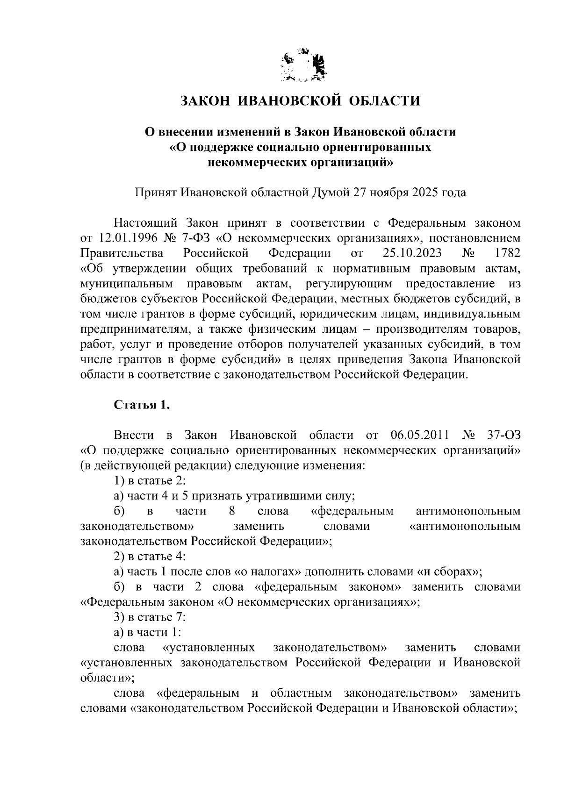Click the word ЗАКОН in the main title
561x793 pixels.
tap(203, 100)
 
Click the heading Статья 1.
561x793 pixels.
tap(142, 405)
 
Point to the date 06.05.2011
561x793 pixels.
tap(419, 436)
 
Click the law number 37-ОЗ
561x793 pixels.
tap(503, 436)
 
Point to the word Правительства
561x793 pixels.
tap(122, 253)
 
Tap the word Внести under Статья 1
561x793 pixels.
tap(134, 436)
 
